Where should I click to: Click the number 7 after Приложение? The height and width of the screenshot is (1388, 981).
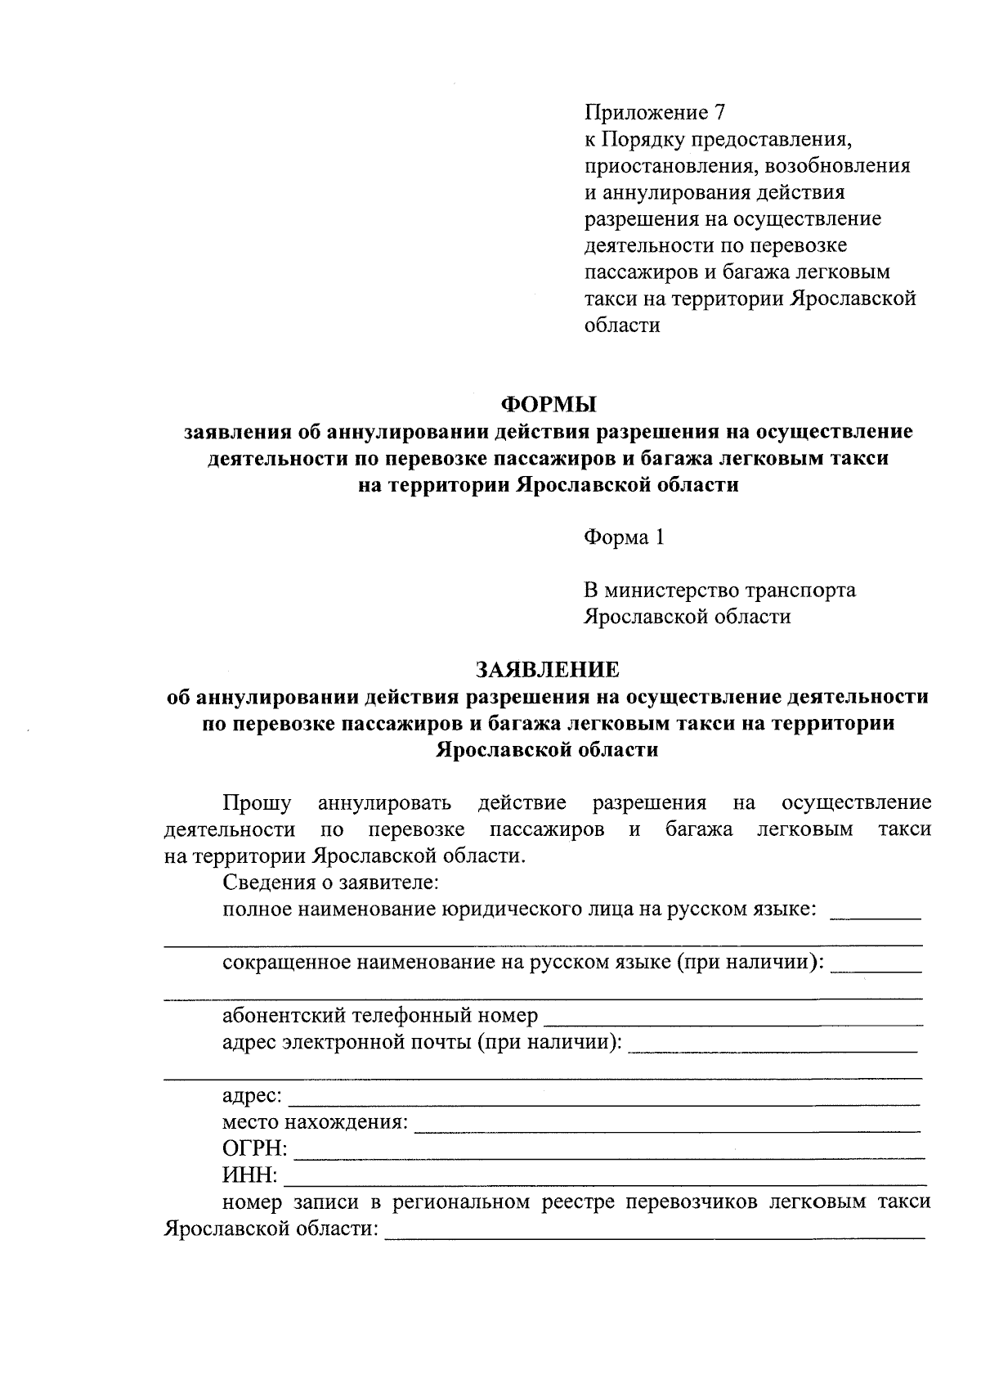pos(719,113)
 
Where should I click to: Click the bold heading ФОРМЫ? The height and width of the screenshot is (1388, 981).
pos(548,405)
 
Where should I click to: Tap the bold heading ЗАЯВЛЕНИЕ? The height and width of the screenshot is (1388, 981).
pos(548,670)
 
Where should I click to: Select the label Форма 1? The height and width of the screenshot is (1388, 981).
pos(624,537)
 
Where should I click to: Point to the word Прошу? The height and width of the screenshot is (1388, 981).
pos(257,803)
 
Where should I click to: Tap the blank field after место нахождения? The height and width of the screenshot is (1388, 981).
pos(667,1129)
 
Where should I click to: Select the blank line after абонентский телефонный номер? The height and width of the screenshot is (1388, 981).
pos(733,1022)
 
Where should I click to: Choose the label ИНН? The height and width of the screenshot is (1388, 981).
pos(250,1175)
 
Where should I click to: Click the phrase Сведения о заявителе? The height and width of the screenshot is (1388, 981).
pos(331,883)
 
